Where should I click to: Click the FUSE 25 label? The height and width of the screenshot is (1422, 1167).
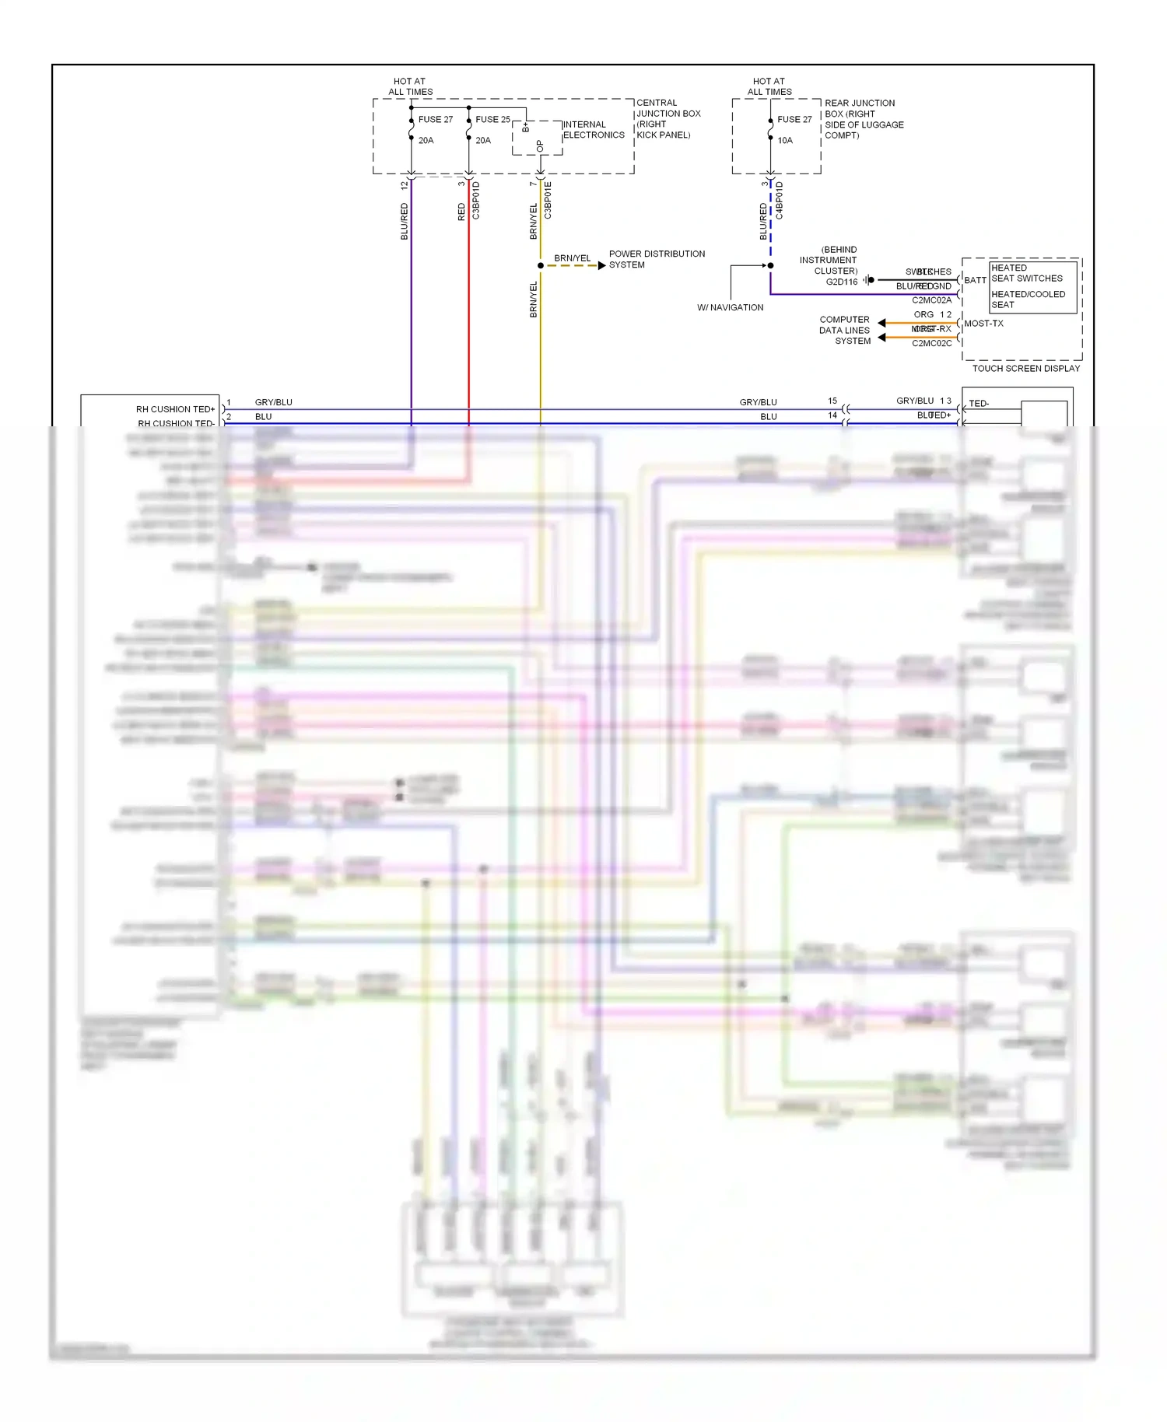point(492,120)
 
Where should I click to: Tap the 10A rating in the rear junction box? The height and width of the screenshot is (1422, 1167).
point(785,141)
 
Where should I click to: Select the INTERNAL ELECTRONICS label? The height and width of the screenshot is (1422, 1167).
point(594,130)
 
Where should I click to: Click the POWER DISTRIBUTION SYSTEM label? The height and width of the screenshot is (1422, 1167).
point(657,260)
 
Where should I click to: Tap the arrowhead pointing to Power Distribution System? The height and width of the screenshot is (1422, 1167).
point(601,266)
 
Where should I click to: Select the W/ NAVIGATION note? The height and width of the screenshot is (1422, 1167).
point(730,308)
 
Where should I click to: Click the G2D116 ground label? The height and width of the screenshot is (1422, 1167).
point(841,282)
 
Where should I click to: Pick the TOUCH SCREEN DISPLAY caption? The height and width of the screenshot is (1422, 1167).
point(1025,369)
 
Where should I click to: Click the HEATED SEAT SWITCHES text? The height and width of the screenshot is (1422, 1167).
point(1026,273)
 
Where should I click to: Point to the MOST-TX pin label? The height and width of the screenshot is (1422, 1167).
point(983,324)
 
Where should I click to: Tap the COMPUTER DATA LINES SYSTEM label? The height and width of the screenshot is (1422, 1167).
point(844,331)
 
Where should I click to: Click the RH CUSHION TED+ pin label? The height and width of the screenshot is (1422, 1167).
point(175,409)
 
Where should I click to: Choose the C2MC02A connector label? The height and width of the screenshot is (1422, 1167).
point(931,300)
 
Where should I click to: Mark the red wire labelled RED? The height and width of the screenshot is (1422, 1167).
point(469,311)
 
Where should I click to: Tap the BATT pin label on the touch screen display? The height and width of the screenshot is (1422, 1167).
point(975,280)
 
